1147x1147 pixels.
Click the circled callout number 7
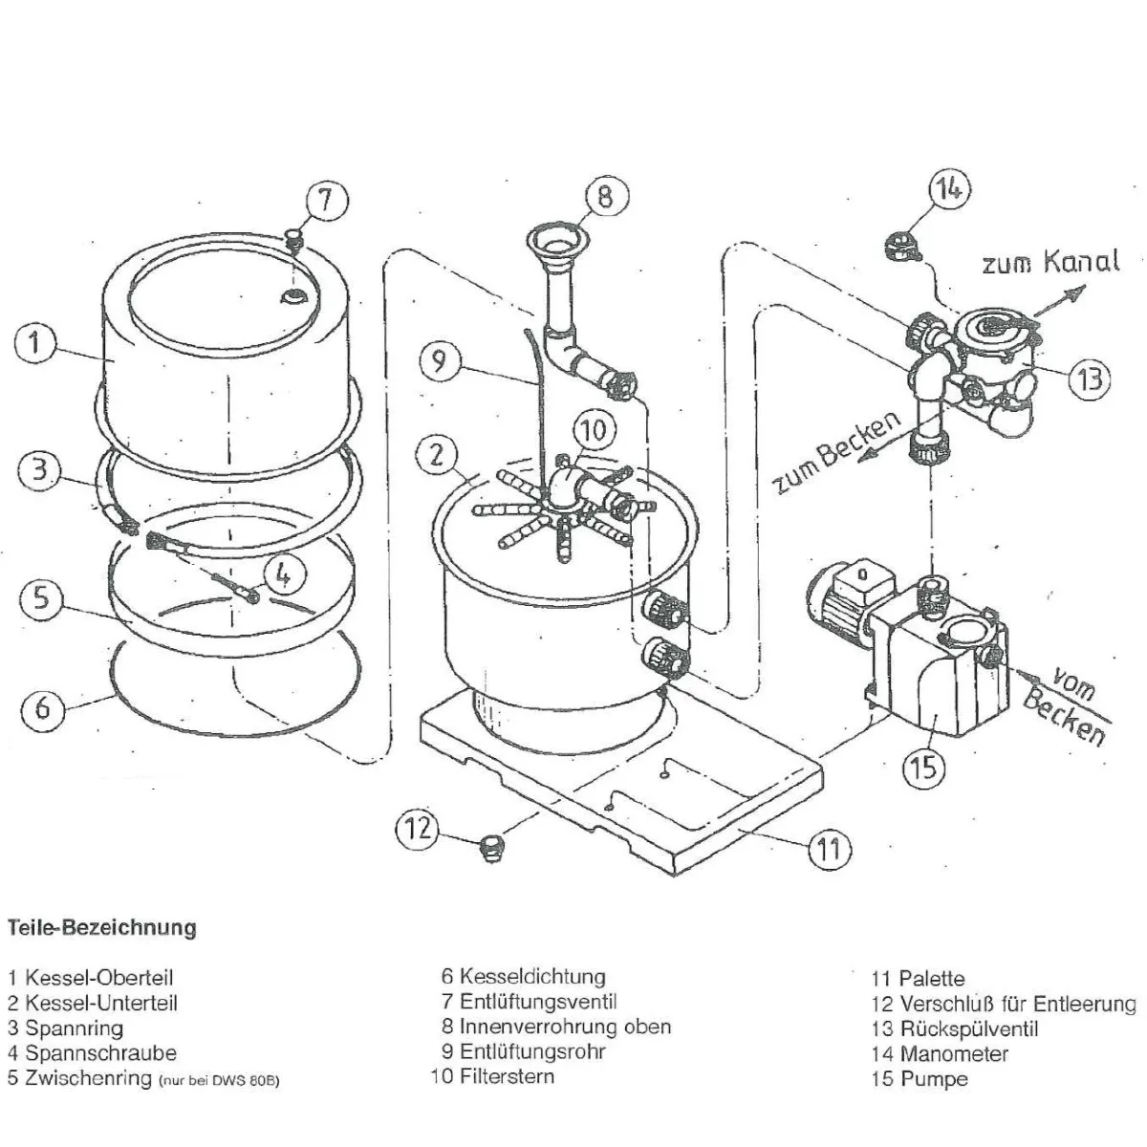pos(325,202)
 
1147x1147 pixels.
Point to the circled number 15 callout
pos(924,766)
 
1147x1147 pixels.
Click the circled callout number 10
pos(594,431)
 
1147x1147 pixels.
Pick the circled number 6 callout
pos(43,709)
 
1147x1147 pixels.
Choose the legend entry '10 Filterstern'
pos(492,1076)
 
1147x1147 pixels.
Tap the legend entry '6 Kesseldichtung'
pos(523,977)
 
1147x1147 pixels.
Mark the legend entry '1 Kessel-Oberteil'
pos(91,978)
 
